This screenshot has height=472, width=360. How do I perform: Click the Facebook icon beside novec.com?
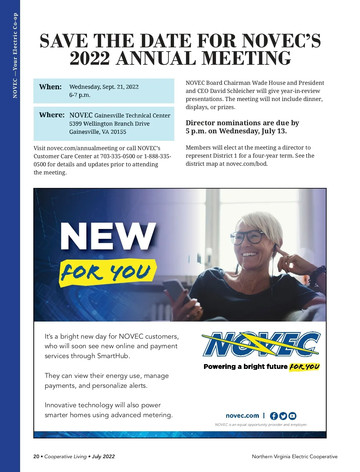[274, 416]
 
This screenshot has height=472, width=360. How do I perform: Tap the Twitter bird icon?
[283, 416]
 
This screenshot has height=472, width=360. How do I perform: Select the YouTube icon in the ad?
[292, 416]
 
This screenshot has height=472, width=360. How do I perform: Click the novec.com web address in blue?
[242, 416]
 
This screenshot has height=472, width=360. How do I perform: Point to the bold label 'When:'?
[50, 87]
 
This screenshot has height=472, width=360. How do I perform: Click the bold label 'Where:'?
[52, 115]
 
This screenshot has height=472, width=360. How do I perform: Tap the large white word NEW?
[108, 236]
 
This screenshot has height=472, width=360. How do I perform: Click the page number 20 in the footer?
[36, 456]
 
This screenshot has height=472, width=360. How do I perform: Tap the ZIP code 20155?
[118, 132]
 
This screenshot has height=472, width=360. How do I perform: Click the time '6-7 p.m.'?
[80, 95]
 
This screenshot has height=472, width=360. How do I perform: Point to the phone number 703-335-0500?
[118, 156]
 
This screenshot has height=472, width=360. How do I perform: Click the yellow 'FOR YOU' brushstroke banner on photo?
[108, 272]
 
